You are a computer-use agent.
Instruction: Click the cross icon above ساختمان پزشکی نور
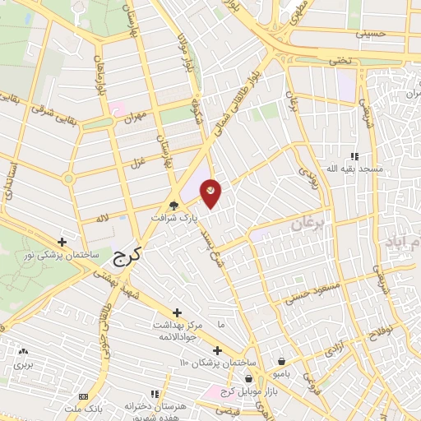tap(62, 243)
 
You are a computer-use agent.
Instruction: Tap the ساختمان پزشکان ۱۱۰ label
tap(221, 363)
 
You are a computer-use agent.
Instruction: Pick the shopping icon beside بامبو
tap(282, 361)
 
